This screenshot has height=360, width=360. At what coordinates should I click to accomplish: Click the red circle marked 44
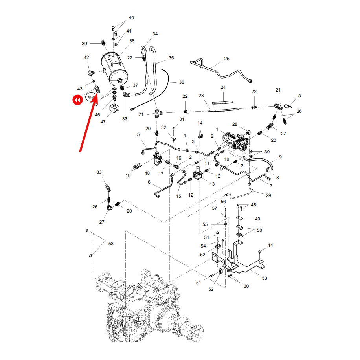tap(77, 100)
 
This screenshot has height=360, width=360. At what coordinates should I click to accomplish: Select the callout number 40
tap(131, 18)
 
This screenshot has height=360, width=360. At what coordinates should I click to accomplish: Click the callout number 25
tap(227, 59)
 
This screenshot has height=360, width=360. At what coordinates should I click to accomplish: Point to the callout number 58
tap(111, 244)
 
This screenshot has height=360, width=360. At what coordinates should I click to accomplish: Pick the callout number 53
tap(264, 278)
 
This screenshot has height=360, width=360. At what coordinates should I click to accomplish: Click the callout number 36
tap(182, 82)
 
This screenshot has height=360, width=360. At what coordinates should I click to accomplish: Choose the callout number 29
tap(268, 195)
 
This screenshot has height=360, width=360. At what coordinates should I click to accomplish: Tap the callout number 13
tap(212, 184)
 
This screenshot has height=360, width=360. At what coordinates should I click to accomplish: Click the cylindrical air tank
tap(114, 69)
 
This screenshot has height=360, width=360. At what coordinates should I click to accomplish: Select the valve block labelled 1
tap(236, 141)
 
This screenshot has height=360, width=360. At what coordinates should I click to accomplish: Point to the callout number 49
tap(257, 219)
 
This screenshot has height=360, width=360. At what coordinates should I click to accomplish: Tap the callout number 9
tap(280, 157)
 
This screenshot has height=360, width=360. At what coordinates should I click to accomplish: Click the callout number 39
tap(84, 44)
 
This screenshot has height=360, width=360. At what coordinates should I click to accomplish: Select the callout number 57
tap(215, 208)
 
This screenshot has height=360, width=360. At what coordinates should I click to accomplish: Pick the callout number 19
tap(128, 176)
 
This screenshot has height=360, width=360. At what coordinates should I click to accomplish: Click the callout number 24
tap(223, 87)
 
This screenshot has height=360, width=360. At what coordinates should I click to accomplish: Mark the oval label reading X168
tap(91, 97)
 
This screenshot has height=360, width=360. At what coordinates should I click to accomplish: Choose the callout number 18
tap(147, 173)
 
